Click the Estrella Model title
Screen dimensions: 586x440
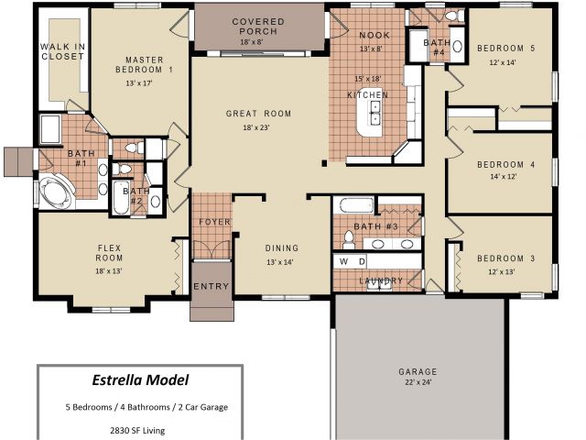tap(140, 380)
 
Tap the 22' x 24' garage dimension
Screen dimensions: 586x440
tap(418, 382)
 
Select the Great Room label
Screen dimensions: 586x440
tap(258, 114)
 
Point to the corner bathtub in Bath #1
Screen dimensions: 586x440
tap(55, 193)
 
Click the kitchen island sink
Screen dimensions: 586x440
tap(374, 112)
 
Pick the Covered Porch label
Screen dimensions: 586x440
tap(258, 27)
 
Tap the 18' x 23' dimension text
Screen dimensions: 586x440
tap(256, 127)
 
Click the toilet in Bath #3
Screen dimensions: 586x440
tap(349, 240)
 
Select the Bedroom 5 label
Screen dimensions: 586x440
tap(506, 49)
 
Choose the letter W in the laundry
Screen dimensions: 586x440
tap(344, 261)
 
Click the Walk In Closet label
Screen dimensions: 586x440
tap(63, 51)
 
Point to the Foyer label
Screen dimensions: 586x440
tap(214, 222)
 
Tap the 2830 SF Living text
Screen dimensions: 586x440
tap(137, 430)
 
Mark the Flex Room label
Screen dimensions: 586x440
tap(109, 253)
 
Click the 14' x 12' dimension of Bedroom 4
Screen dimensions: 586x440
tap(504, 176)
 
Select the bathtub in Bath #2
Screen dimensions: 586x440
tap(121, 197)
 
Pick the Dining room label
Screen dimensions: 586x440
tap(282, 248)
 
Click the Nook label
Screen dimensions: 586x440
tap(374, 35)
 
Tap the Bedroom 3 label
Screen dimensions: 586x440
tap(506, 258)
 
